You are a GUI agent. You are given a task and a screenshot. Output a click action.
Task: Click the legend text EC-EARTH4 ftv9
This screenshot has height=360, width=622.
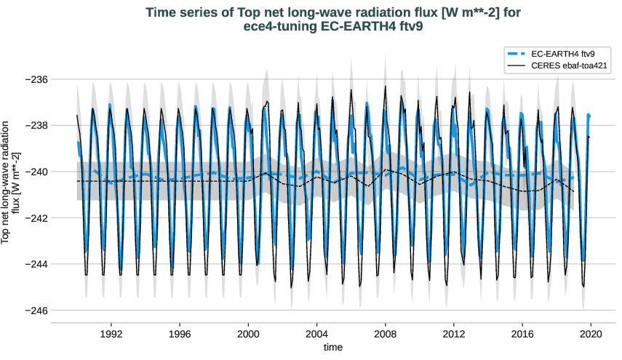click(x=564, y=54)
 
